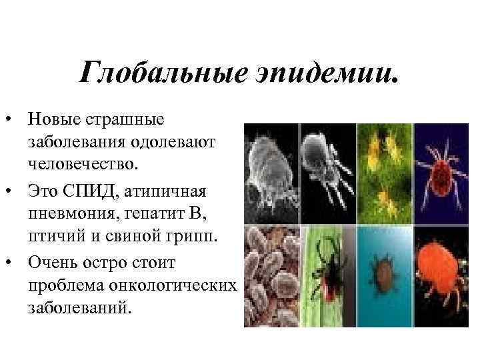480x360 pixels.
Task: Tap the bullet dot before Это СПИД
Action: (x=11, y=191)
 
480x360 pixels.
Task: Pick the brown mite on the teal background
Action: (x=385, y=273)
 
